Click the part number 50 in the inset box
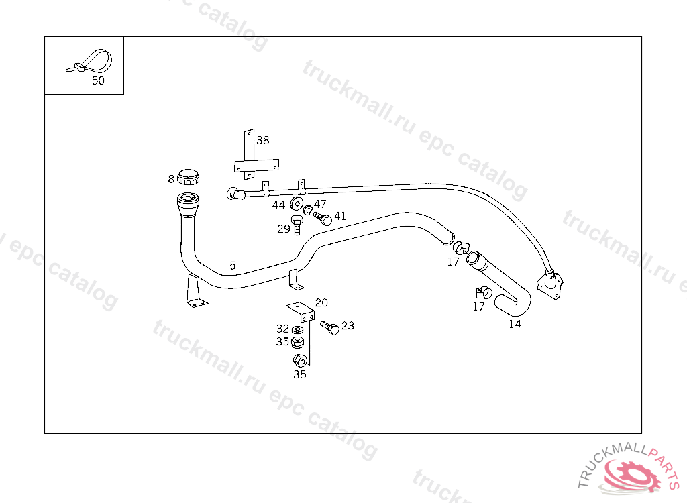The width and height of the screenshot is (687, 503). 98,80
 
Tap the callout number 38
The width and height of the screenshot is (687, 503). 262,140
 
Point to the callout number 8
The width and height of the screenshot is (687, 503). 171,179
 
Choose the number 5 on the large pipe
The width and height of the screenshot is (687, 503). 232,266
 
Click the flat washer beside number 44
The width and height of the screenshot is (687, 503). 295,205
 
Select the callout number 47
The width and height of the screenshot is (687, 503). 320,204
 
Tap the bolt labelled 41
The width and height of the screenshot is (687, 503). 322,218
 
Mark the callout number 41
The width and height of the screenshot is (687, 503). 340,216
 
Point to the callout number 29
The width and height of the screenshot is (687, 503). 283,229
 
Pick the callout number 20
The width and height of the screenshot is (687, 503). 321,302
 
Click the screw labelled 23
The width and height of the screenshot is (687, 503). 330,328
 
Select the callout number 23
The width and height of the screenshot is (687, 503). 348,326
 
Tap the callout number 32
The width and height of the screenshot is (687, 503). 282,329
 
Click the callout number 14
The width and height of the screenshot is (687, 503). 515,324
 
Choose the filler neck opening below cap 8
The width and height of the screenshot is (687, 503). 187,199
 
